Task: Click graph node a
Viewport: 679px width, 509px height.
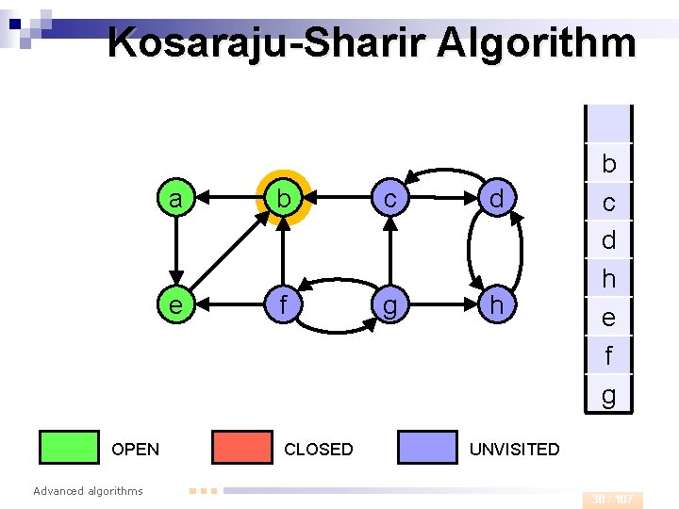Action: click(174, 199)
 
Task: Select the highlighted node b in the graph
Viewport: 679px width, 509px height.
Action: click(281, 199)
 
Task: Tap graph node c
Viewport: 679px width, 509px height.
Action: click(389, 199)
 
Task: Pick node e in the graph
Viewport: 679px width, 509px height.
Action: click(174, 304)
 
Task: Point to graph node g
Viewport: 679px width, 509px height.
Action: click(389, 304)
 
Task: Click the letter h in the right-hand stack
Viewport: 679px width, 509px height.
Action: click(608, 279)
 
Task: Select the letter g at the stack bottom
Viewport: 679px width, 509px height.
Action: click(608, 394)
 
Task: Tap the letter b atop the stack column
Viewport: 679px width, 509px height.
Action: click(608, 164)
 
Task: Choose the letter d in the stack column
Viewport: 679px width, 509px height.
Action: click(608, 240)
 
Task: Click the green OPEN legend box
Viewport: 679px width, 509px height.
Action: click(69, 448)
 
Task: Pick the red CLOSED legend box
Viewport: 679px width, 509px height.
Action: click(241, 448)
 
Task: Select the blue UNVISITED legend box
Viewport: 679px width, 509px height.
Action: click(427, 448)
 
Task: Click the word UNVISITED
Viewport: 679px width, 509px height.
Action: click(514, 450)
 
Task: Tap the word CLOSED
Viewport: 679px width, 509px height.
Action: click(319, 450)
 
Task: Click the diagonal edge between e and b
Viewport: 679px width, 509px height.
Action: click(226, 253)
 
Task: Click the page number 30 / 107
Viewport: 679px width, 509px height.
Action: click(612, 499)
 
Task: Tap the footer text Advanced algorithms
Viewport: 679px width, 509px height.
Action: click(88, 490)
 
